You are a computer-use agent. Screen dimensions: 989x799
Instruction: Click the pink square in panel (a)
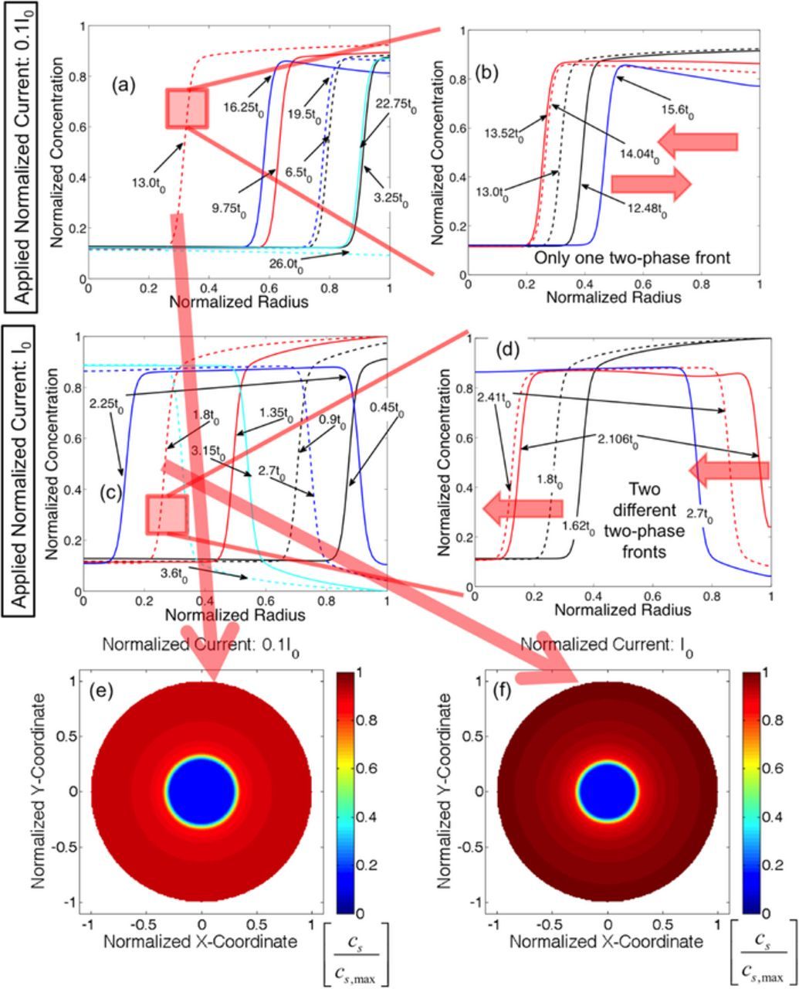tap(187, 108)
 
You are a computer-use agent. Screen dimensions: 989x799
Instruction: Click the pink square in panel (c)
tap(167, 515)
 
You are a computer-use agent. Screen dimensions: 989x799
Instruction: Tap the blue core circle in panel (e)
tap(202, 792)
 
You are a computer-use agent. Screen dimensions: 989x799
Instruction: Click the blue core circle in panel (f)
tap(607, 792)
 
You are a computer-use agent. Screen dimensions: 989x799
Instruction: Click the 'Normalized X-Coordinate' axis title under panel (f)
tap(606, 942)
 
